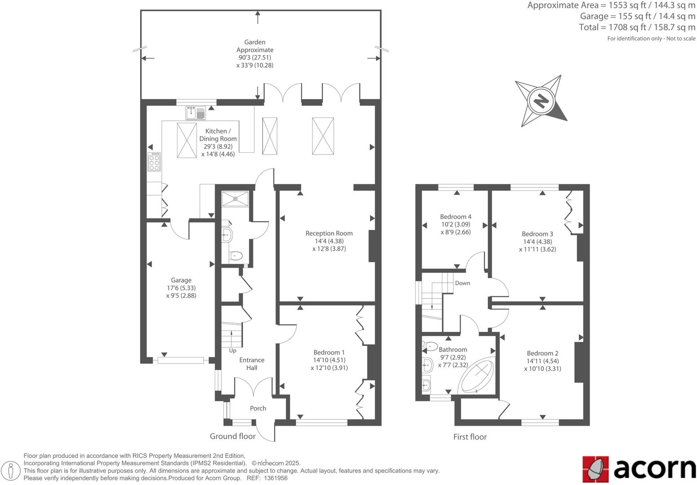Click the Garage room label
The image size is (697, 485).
[181, 280]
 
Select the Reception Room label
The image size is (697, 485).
[329, 233]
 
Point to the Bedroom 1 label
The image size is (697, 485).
[329, 353]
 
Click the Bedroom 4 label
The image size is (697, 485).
[455, 216]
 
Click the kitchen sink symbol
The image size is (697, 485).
[195, 112]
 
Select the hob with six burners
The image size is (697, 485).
[154, 162]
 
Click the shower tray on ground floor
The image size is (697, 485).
[235, 198]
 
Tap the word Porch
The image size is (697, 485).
[258, 408]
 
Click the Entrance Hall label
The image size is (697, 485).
[251, 364]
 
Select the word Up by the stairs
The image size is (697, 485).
[233, 351]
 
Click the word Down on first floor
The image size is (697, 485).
[462, 283]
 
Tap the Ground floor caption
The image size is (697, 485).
[233, 436]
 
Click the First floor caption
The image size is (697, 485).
[470, 437]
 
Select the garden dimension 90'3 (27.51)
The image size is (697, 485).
[255, 57]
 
